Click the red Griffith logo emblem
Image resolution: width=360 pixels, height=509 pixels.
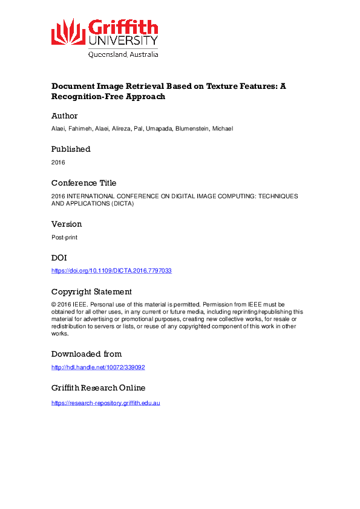tap(68, 31)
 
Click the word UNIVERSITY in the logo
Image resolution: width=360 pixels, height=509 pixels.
tap(123, 41)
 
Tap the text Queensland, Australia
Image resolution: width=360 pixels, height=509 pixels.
tap(123, 54)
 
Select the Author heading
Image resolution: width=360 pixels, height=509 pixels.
tap(64, 115)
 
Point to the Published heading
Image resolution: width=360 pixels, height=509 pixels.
tap(71, 149)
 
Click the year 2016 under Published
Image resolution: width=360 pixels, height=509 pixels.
tap(58, 162)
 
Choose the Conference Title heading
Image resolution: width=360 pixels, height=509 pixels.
tap(83, 183)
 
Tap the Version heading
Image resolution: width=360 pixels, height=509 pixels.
tap(67, 224)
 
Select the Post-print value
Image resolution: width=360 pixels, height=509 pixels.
tap(64, 238)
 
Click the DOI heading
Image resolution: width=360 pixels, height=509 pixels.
tap(59, 257)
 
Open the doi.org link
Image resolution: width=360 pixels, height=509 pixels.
tap(111, 271)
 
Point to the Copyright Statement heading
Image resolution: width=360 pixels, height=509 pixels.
tap(91, 291)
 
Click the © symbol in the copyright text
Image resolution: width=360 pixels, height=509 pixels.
tap(53, 304)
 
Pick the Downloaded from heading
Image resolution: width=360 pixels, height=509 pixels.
tap(87, 354)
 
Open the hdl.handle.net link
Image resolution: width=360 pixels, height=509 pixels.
tap(98, 367)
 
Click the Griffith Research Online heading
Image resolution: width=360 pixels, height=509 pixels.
tap(98, 387)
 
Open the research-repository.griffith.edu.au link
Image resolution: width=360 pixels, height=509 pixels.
tap(105, 403)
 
